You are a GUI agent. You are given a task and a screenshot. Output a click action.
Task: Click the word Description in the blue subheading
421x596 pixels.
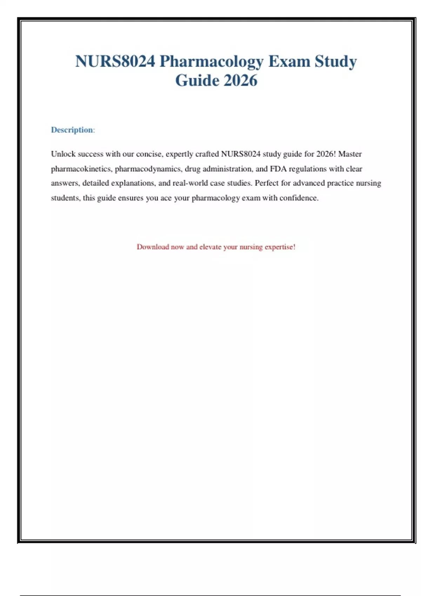click(72, 130)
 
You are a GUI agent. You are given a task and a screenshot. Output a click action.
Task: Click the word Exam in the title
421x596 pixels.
click(289, 61)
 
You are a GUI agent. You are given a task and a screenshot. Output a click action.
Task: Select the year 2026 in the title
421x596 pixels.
click(240, 80)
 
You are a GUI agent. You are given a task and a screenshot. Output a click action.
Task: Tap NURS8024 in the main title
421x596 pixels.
click(115, 61)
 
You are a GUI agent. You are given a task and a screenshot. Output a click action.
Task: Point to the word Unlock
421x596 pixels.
click(63, 154)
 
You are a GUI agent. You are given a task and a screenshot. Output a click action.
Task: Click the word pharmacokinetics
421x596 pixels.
click(81, 169)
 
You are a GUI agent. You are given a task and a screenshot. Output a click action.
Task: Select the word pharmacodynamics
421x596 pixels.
click(148, 169)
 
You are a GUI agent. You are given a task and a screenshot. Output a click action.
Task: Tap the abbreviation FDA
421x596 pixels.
click(278, 169)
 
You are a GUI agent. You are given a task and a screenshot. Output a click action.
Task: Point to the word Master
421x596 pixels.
click(350, 154)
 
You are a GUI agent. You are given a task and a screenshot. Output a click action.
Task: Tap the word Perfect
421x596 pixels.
click(267, 183)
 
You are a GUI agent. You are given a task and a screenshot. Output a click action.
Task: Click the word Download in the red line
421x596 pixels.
click(153, 247)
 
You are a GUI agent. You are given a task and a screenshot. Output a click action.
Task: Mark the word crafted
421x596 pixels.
click(207, 154)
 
